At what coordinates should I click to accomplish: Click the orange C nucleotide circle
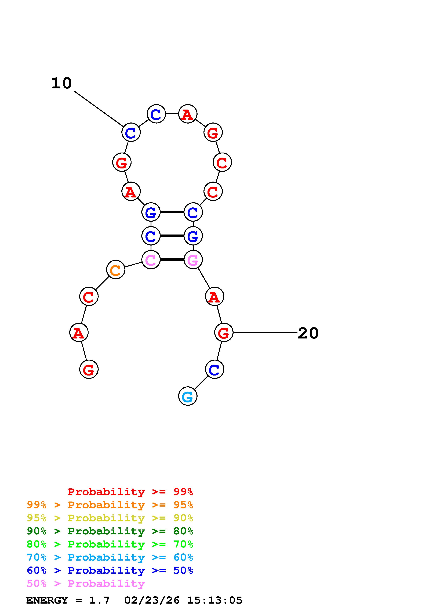tap(115, 270)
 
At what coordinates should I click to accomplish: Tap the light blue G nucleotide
tap(188, 396)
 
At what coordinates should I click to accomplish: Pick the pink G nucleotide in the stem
tap(193, 259)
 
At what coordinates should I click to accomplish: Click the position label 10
tap(62, 83)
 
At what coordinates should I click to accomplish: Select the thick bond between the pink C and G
tap(172, 259)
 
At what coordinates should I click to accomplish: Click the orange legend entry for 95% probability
tap(110, 505)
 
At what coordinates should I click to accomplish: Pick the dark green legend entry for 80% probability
tap(110, 531)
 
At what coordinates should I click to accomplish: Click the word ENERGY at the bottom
tap(47, 600)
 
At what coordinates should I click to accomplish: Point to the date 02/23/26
tap(152, 600)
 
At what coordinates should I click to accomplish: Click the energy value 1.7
tap(99, 600)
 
